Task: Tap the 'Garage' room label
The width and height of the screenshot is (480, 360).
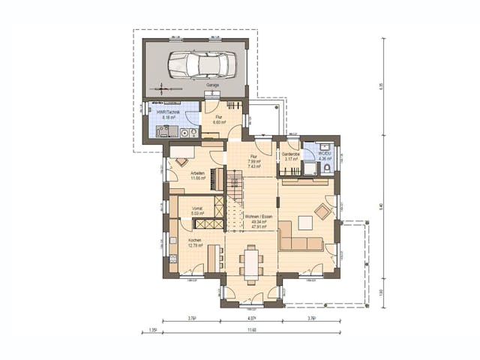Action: pos(214,85)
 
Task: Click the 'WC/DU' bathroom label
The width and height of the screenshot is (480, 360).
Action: pos(324,154)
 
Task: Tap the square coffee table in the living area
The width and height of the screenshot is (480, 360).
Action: pos(305,222)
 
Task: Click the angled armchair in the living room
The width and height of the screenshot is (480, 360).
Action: pos(324,211)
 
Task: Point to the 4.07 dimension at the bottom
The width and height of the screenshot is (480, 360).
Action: pos(251,318)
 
